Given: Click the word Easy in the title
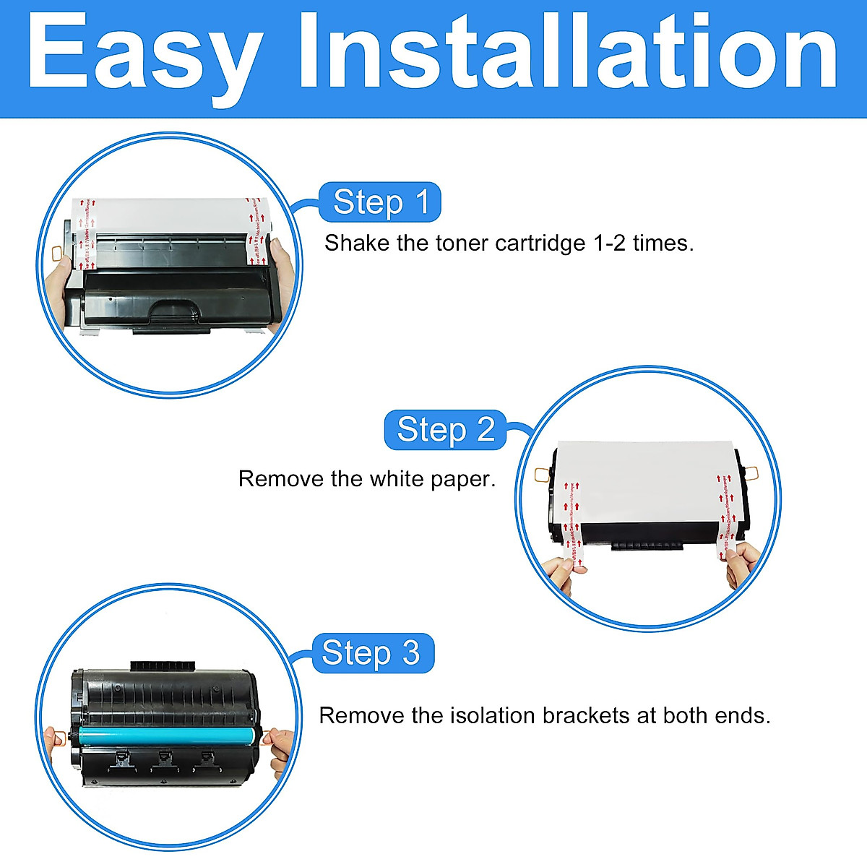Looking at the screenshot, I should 144,54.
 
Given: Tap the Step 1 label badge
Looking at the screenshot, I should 381,202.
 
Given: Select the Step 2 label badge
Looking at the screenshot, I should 445,430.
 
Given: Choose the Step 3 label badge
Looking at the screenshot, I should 371,653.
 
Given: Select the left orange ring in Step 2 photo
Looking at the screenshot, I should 541,474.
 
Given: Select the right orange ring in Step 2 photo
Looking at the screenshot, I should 751,474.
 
